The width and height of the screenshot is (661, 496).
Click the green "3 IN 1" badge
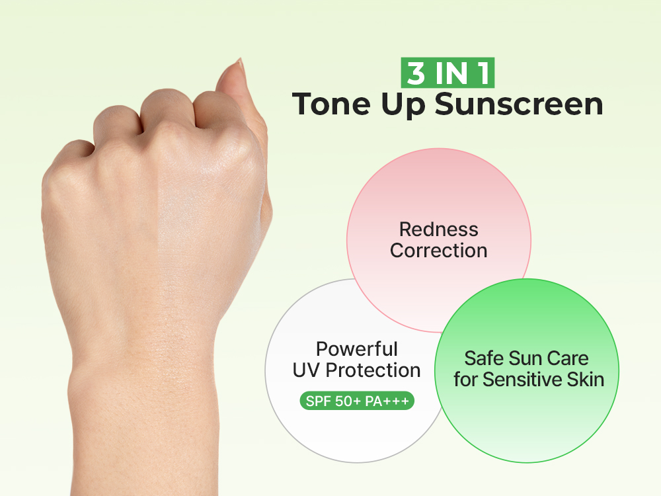447,73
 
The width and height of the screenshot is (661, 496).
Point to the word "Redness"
438,229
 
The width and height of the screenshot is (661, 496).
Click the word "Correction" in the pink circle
438,251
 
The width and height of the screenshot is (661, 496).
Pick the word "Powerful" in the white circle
356,349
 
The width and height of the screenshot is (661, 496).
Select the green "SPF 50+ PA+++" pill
357,401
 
